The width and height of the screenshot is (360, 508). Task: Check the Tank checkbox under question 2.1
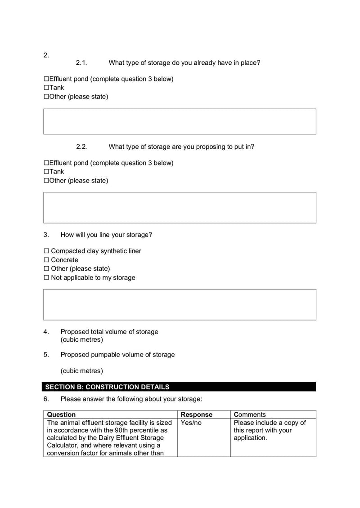tap(46, 88)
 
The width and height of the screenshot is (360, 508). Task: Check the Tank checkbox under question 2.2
tap(46, 172)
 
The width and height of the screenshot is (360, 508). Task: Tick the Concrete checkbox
tap(46, 260)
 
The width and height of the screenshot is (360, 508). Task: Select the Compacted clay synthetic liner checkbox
tap(46, 251)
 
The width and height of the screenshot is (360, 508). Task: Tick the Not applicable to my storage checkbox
tap(46, 278)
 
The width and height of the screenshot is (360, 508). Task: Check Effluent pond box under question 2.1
tap(46, 79)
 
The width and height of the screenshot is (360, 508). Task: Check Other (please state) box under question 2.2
tap(46, 181)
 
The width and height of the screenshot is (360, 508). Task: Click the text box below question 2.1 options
tap(180, 121)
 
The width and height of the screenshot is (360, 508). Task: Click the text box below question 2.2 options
tap(180, 207)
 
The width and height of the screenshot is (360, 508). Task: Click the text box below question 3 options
tap(180, 304)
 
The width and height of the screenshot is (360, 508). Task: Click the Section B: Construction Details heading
tap(108, 387)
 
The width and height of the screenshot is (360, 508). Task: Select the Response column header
tap(196, 414)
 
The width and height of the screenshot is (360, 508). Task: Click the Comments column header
tap(250, 414)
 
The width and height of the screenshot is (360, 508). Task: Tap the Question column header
tap(61, 414)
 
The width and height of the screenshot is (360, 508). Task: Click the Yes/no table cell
tap(191, 423)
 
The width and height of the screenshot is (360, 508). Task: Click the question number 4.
tap(46, 332)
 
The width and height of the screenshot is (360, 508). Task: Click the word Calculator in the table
tap(63, 446)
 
